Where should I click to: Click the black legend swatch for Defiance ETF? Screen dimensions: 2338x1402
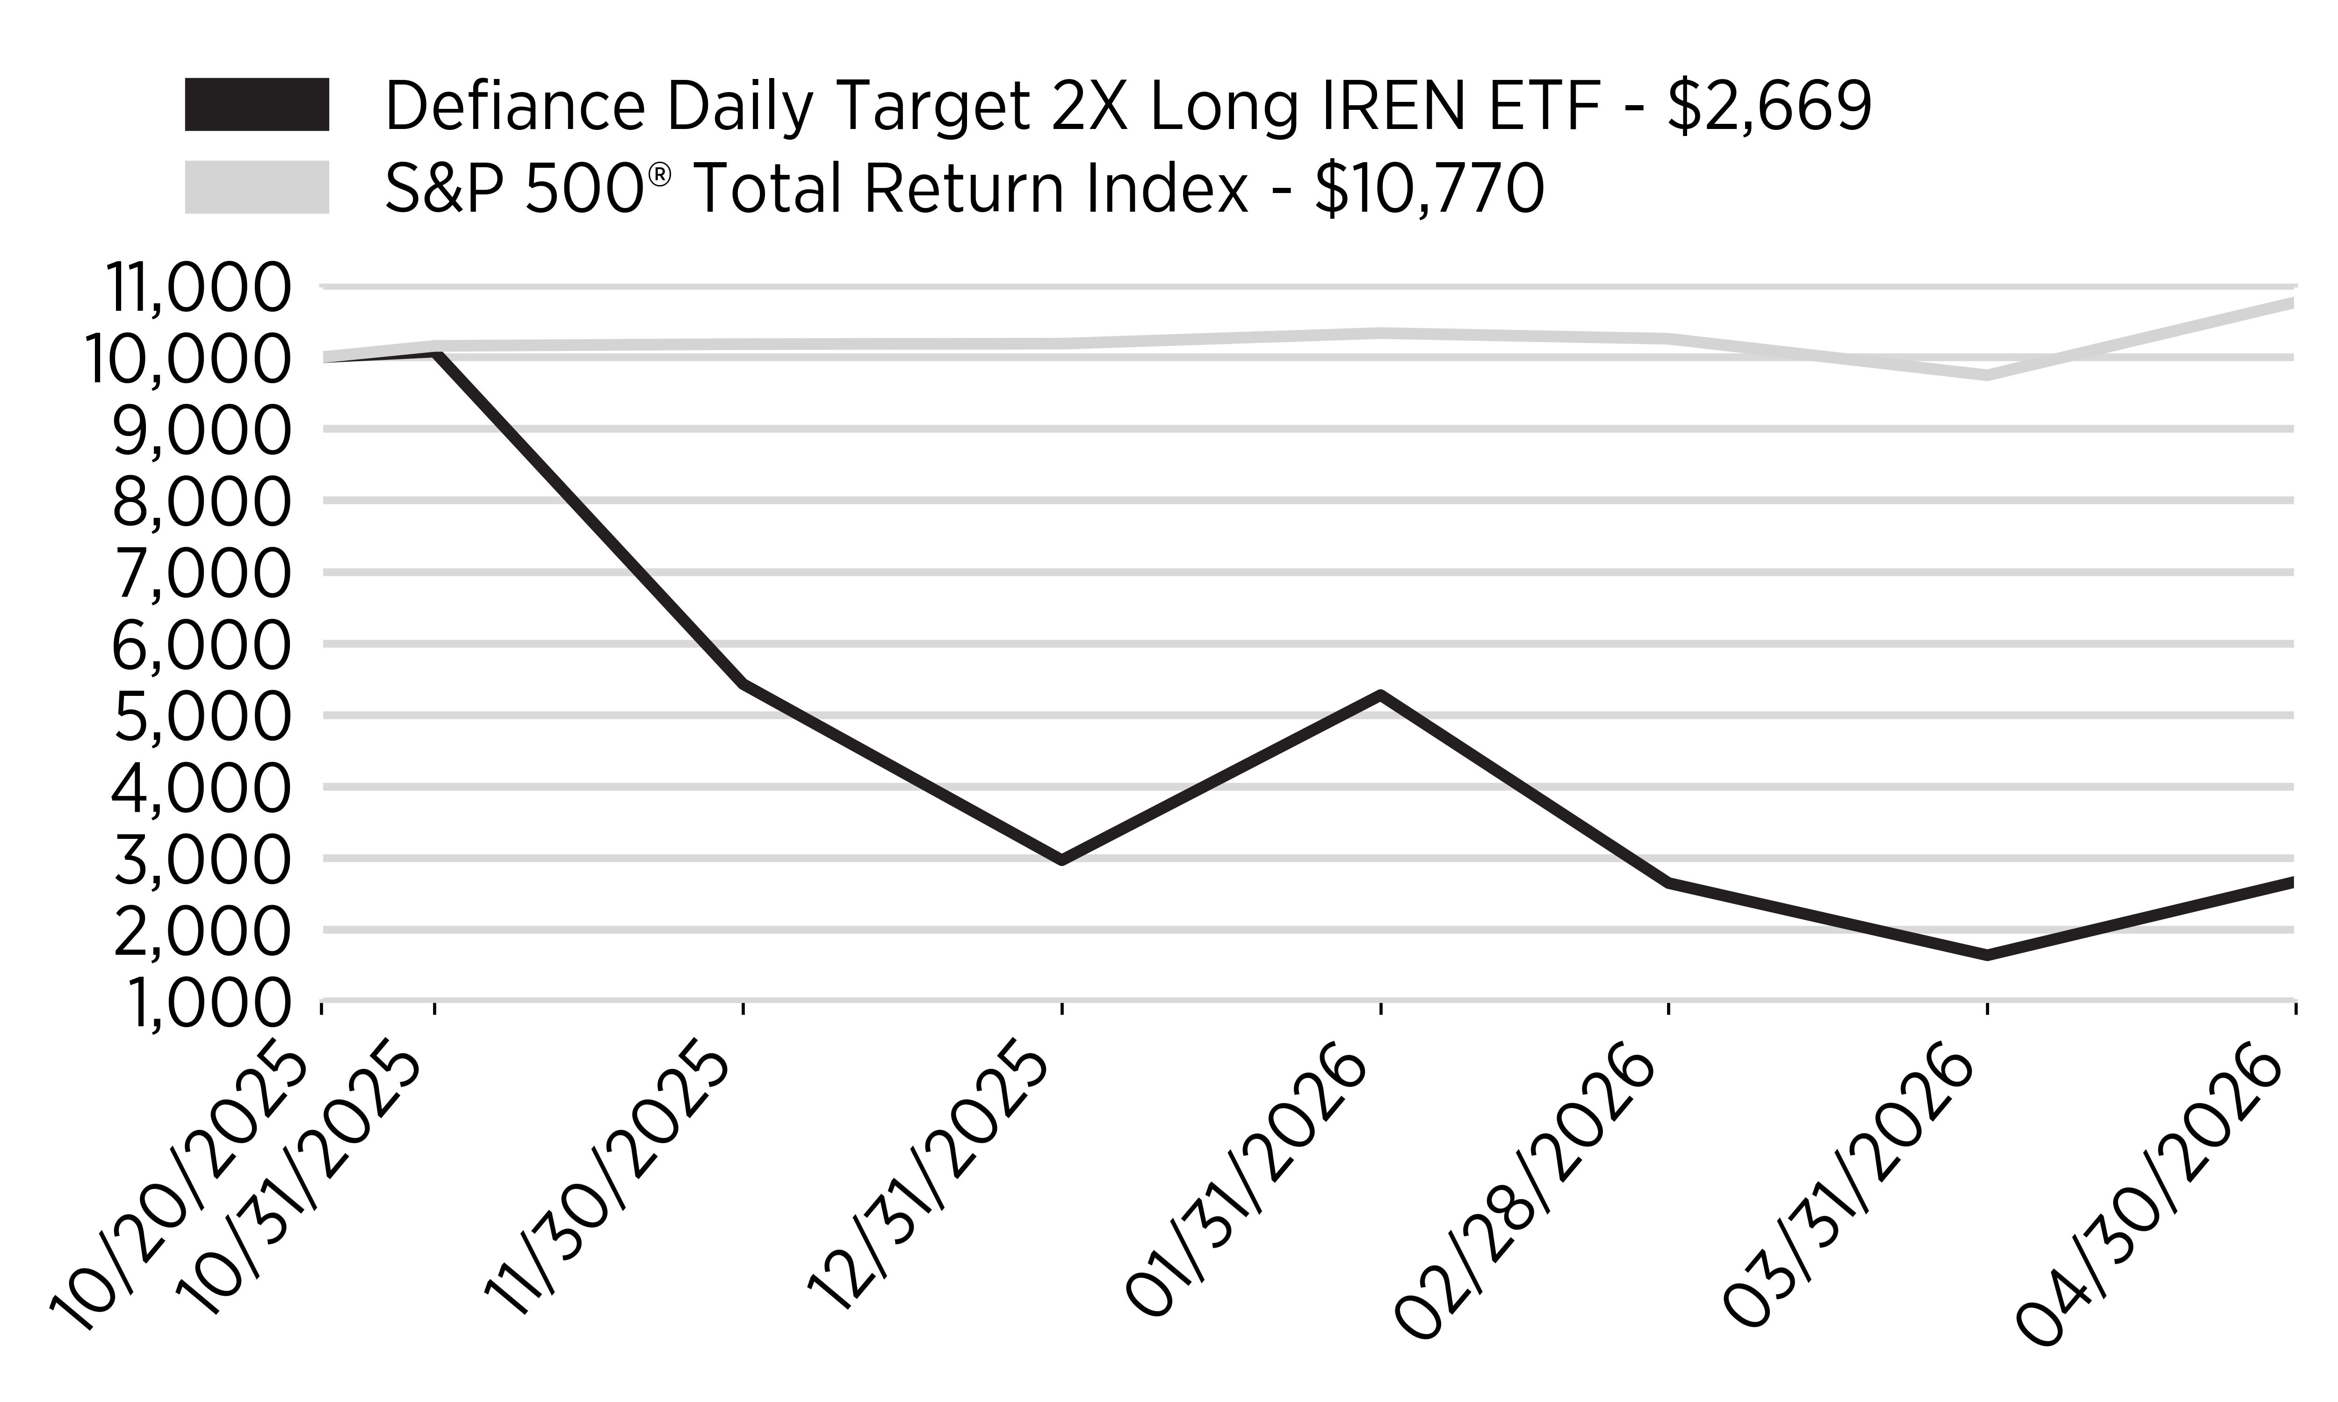click(257, 104)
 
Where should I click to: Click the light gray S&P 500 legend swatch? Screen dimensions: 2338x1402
click(257, 187)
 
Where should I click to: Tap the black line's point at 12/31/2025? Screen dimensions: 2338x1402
click(1062, 860)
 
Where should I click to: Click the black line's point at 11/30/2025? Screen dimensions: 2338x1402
click(744, 682)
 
